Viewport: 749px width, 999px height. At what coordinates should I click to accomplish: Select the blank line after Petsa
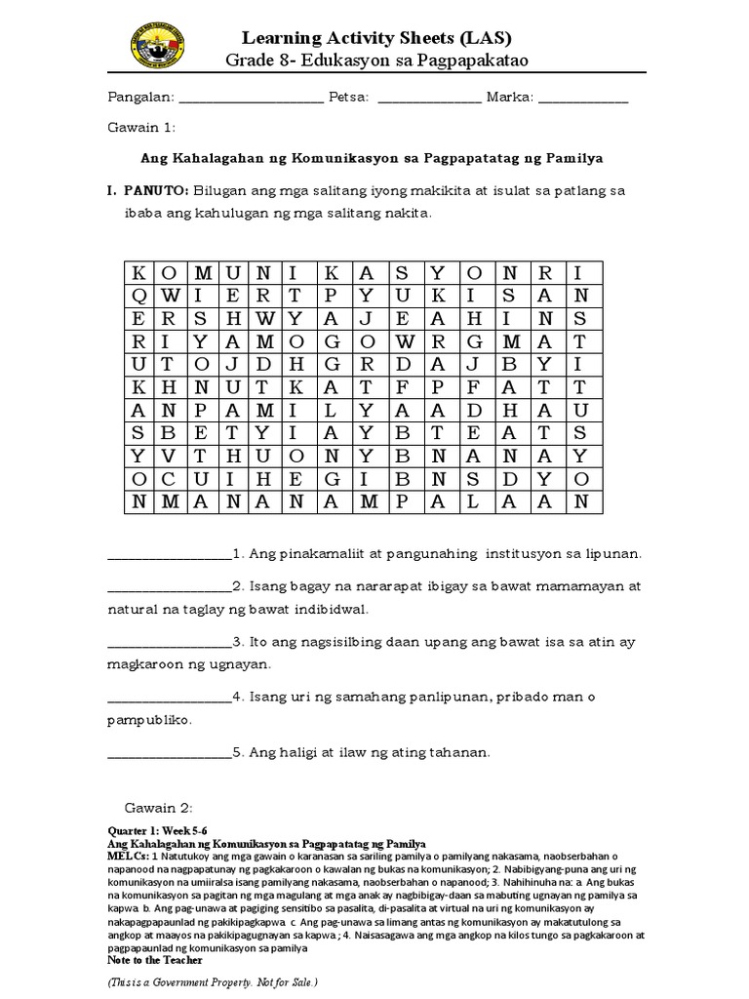428,100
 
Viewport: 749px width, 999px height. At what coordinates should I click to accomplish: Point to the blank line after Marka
582,100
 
